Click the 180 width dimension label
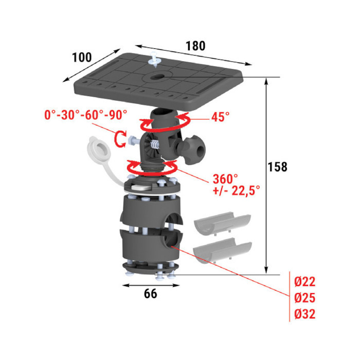195,46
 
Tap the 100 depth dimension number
82,57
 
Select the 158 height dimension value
278,167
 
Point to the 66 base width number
151,294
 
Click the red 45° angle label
221,117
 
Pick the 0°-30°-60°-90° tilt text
86,115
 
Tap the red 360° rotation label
225,179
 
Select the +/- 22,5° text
237,190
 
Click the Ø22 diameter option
305,281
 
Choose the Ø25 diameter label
305,298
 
